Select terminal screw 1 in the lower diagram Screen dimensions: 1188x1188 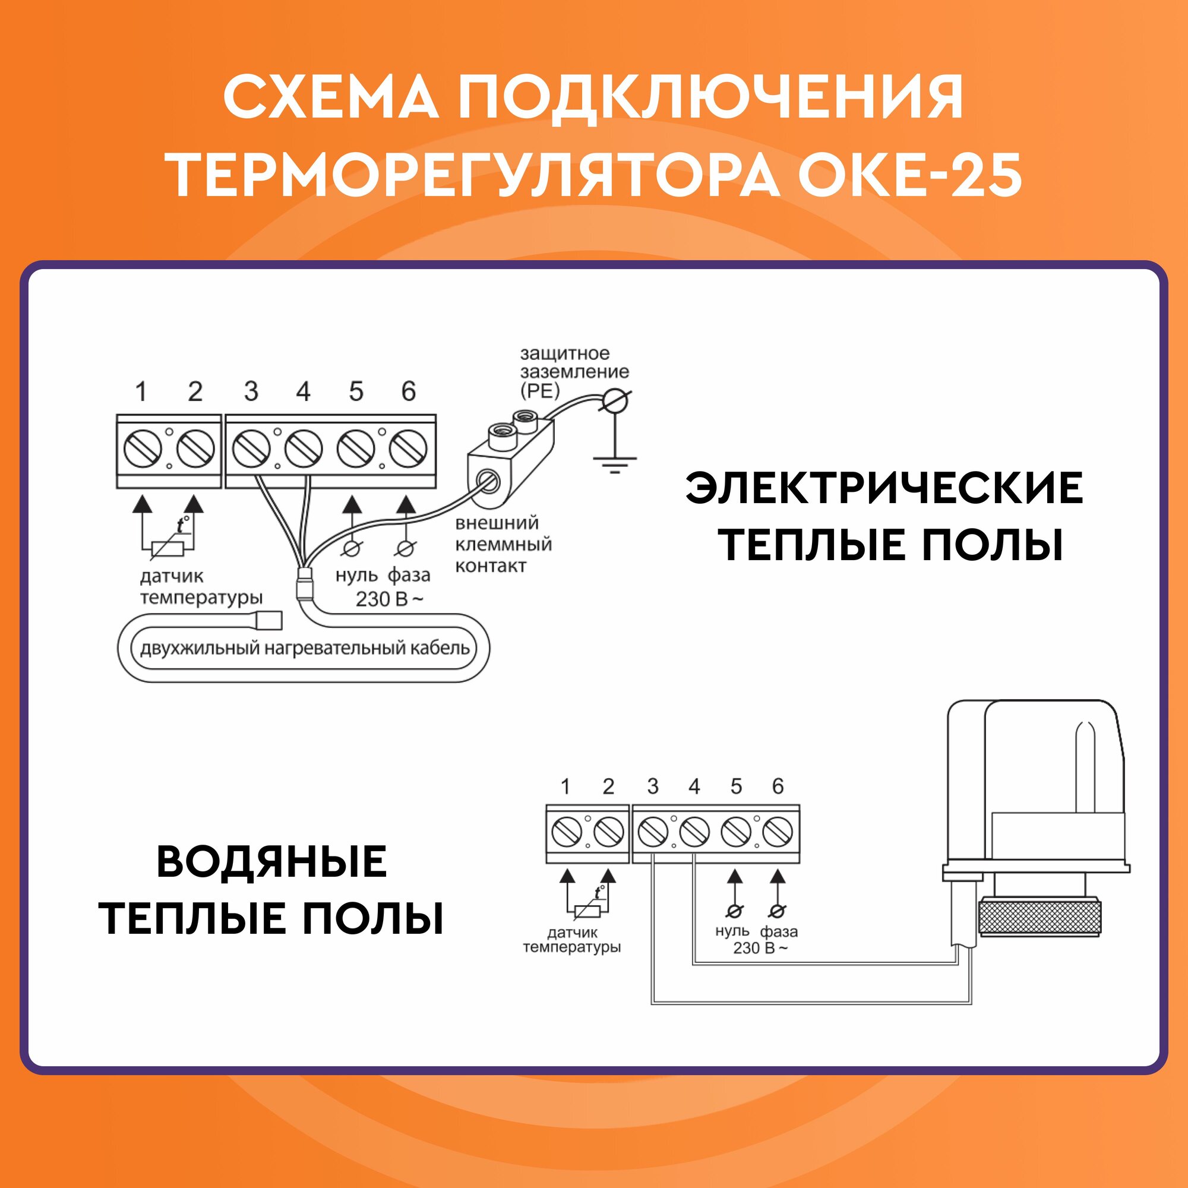click(x=566, y=833)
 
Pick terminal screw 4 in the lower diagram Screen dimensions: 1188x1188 click(x=694, y=833)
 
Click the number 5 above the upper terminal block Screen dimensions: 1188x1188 click(x=356, y=391)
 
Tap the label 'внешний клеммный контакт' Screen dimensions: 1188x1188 click(x=503, y=545)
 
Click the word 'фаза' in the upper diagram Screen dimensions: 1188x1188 click(x=409, y=576)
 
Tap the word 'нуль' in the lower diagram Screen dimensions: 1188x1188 click(x=732, y=932)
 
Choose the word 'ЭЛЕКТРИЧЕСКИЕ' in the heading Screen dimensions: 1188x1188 click(x=884, y=489)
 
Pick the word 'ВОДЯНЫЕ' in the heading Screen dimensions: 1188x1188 click(x=272, y=862)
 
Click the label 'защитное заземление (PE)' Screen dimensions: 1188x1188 click(x=574, y=372)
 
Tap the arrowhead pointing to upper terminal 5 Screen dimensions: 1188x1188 click(x=352, y=505)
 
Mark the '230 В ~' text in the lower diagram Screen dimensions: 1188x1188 click(x=760, y=948)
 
